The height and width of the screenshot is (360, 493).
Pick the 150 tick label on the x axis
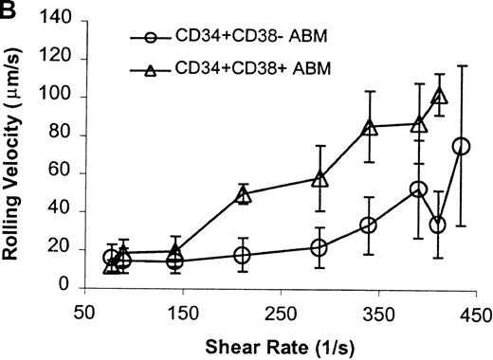[182, 313]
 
